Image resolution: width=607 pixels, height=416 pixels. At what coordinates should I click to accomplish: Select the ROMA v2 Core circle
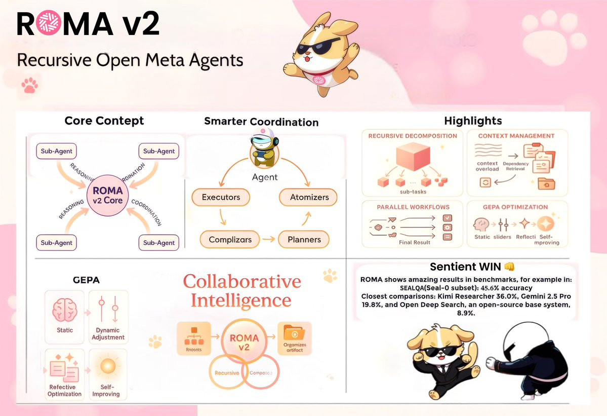click(x=107, y=196)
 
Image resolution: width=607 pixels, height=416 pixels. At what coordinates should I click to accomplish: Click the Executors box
click(x=221, y=197)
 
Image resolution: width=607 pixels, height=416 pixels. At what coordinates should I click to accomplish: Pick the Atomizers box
click(x=309, y=197)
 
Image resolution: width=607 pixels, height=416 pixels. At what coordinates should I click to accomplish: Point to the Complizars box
click(x=229, y=239)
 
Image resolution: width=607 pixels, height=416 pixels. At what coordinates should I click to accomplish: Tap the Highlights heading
click(x=473, y=121)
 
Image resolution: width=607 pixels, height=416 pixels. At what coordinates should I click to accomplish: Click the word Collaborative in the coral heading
click(x=242, y=282)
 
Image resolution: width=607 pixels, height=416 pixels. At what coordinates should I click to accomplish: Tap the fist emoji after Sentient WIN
click(x=510, y=267)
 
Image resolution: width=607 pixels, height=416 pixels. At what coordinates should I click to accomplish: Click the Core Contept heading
click(x=104, y=121)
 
